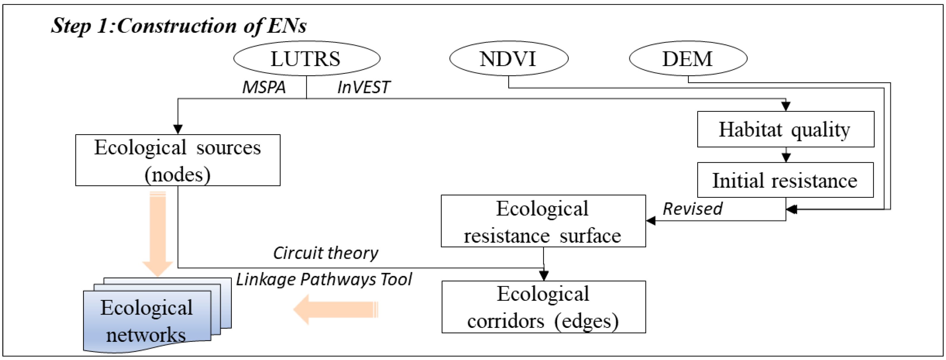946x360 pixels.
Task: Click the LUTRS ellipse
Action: tap(307, 58)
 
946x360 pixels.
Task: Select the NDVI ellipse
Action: tap(509, 58)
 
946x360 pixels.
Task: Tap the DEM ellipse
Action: tap(688, 58)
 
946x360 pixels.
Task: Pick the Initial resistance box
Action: tap(785, 180)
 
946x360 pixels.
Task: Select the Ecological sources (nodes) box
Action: tap(178, 160)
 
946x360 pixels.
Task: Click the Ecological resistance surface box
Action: tap(543, 221)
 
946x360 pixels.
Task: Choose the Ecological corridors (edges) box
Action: tap(543, 307)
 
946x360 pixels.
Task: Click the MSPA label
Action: tap(264, 87)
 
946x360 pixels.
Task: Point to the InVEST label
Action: tap(363, 87)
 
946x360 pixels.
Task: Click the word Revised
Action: tap(692, 209)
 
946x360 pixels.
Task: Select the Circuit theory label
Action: tap(325, 253)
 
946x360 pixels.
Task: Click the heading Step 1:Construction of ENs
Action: tap(179, 26)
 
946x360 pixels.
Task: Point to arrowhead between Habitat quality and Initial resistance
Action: tap(786, 157)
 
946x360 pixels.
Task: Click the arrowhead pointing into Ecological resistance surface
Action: tap(651, 221)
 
